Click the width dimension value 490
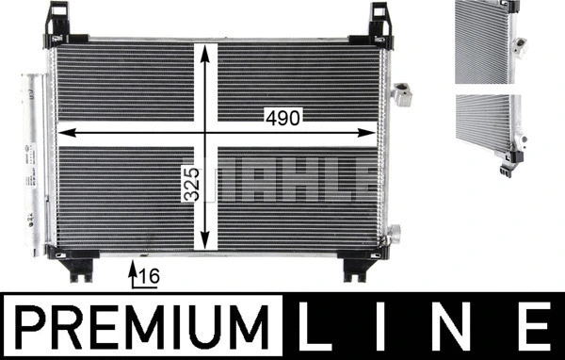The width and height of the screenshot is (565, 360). (x=282, y=118)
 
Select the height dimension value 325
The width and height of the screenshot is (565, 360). (x=191, y=184)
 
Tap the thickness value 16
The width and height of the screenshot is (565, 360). (x=149, y=277)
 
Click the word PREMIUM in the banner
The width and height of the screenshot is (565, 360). (x=142, y=327)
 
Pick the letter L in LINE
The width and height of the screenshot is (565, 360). (x=315, y=326)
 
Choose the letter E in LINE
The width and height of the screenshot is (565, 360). (x=535, y=326)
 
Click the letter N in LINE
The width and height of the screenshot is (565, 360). (x=452, y=326)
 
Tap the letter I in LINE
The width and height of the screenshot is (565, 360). (x=380, y=326)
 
